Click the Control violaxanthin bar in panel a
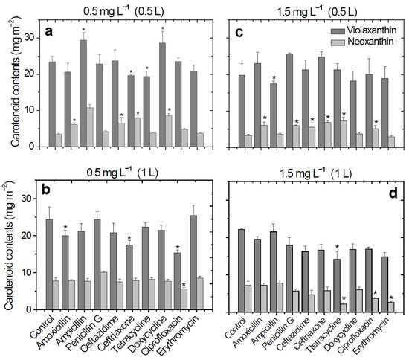(x=51, y=104)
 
